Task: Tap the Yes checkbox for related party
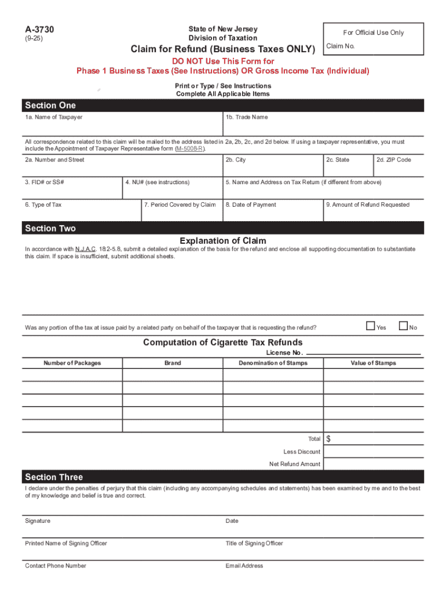(x=370, y=327)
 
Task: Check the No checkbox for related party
(x=404, y=327)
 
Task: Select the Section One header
(x=50, y=105)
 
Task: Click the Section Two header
(x=50, y=228)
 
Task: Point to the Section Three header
(x=54, y=477)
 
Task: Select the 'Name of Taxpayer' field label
(x=54, y=117)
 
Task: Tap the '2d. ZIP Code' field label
(x=394, y=160)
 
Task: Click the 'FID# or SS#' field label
(x=45, y=182)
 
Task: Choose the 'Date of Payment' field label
(x=251, y=204)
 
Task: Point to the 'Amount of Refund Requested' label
(x=368, y=204)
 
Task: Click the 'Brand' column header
(x=173, y=363)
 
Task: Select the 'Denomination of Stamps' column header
(x=273, y=363)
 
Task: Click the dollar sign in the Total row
(x=329, y=439)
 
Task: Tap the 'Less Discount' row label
(x=302, y=452)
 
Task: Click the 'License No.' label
(x=284, y=353)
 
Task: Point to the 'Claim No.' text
(x=340, y=46)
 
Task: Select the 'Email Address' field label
(x=244, y=566)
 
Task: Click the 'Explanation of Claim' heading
(x=223, y=241)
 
